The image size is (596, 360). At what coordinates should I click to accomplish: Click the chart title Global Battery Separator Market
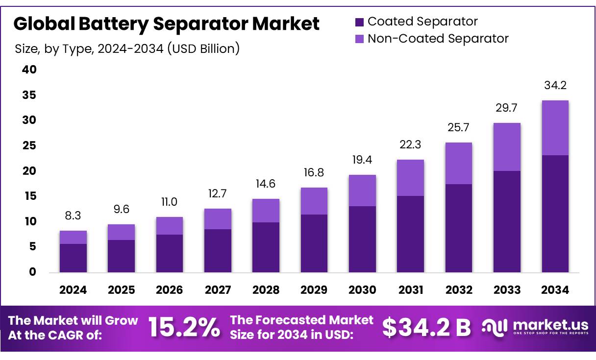tap(166, 24)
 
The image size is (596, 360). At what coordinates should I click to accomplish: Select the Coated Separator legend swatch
tap(359, 22)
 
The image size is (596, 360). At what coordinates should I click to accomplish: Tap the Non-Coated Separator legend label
tap(438, 38)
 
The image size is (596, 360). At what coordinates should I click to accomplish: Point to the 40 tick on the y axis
tap(29, 70)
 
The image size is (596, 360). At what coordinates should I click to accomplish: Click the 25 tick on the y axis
tap(29, 145)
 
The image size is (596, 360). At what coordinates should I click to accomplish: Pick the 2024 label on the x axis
tap(73, 290)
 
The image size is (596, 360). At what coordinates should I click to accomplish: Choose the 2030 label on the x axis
tap(362, 290)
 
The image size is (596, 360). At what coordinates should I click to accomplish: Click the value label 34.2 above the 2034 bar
tap(555, 86)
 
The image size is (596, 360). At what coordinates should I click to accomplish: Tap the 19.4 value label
tap(362, 160)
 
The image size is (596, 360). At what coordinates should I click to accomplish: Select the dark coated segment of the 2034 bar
tap(555, 214)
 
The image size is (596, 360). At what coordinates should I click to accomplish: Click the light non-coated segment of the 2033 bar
tap(507, 147)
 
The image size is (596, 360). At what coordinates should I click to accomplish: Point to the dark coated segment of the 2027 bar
tap(218, 250)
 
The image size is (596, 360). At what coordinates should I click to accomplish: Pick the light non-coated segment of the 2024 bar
tap(73, 237)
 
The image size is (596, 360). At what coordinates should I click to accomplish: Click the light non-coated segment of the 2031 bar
tap(410, 178)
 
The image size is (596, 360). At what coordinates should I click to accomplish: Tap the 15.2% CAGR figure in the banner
tap(184, 328)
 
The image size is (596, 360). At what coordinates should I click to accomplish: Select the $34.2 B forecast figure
tap(426, 328)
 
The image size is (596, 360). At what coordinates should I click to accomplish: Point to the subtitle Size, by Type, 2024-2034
tap(127, 48)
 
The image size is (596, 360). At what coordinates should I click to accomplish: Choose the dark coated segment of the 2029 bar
tap(314, 243)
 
